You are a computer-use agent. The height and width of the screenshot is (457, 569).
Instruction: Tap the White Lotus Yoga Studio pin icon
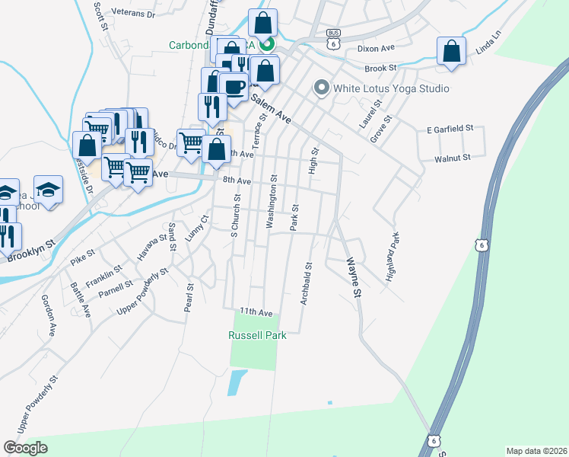tap(321, 89)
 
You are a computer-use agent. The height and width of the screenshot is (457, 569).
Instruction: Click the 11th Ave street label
tap(256, 312)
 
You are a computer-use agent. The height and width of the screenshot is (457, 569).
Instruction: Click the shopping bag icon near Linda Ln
tap(452, 51)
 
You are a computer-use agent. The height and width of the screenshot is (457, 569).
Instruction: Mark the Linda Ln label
tap(489, 43)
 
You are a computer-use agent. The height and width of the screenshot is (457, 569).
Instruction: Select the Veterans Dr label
tap(133, 14)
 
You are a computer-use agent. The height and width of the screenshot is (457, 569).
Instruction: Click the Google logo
tap(25, 448)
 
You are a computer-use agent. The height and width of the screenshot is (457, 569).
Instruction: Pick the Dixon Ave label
tap(377, 48)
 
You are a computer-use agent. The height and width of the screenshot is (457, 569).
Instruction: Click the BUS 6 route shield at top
tap(332, 39)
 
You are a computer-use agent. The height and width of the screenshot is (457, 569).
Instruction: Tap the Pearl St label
tap(190, 298)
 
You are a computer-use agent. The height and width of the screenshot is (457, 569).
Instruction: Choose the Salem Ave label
tap(272, 110)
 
